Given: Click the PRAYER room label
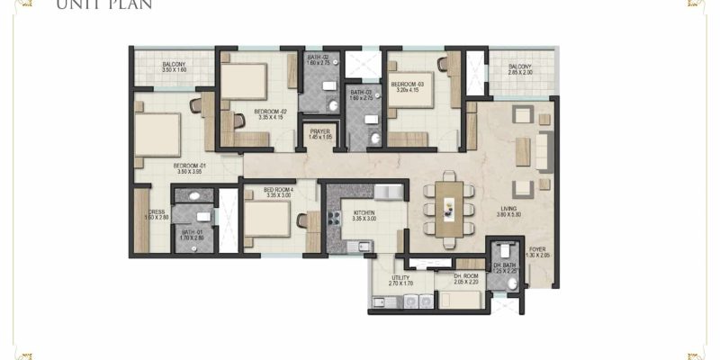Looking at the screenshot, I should (319, 133).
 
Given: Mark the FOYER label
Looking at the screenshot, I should (537, 250).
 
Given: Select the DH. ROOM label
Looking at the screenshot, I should (467, 278).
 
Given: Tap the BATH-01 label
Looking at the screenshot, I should (193, 233).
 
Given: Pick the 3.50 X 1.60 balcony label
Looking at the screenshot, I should (174, 67).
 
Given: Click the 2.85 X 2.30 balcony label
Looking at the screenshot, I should (519, 69).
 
